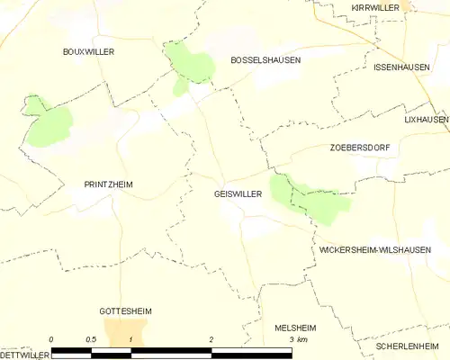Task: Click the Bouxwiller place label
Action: point(88,52)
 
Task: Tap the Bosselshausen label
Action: point(265,59)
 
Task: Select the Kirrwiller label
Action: point(375,7)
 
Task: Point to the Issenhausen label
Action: point(402,67)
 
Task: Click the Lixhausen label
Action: point(426,119)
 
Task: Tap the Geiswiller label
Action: point(239,193)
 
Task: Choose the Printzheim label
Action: point(108,184)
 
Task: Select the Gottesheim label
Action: point(125,310)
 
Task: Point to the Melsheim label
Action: point(293,328)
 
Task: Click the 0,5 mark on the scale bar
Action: point(92,338)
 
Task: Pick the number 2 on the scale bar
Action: point(211,338)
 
